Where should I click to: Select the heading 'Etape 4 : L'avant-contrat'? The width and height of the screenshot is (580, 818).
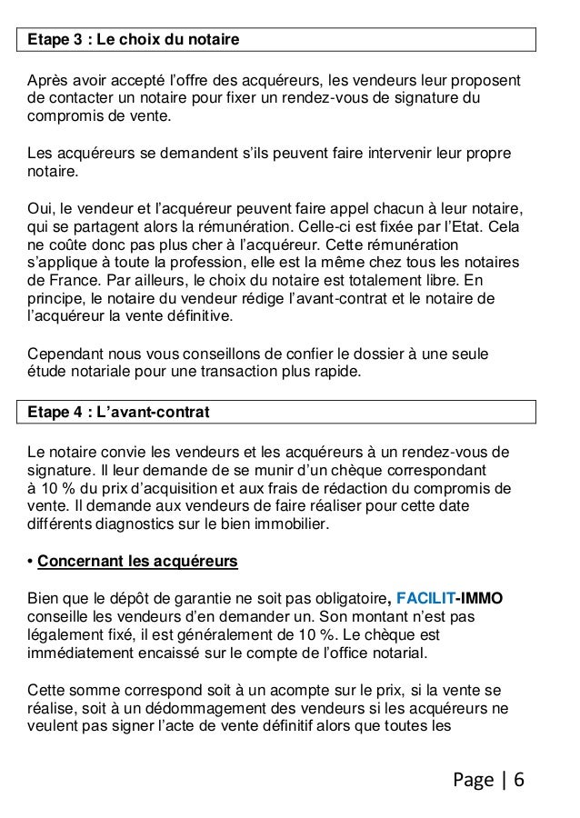(119, 413)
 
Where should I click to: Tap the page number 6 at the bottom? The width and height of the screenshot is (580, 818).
(518, 781)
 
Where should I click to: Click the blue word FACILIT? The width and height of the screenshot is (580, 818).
(426, 597)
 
